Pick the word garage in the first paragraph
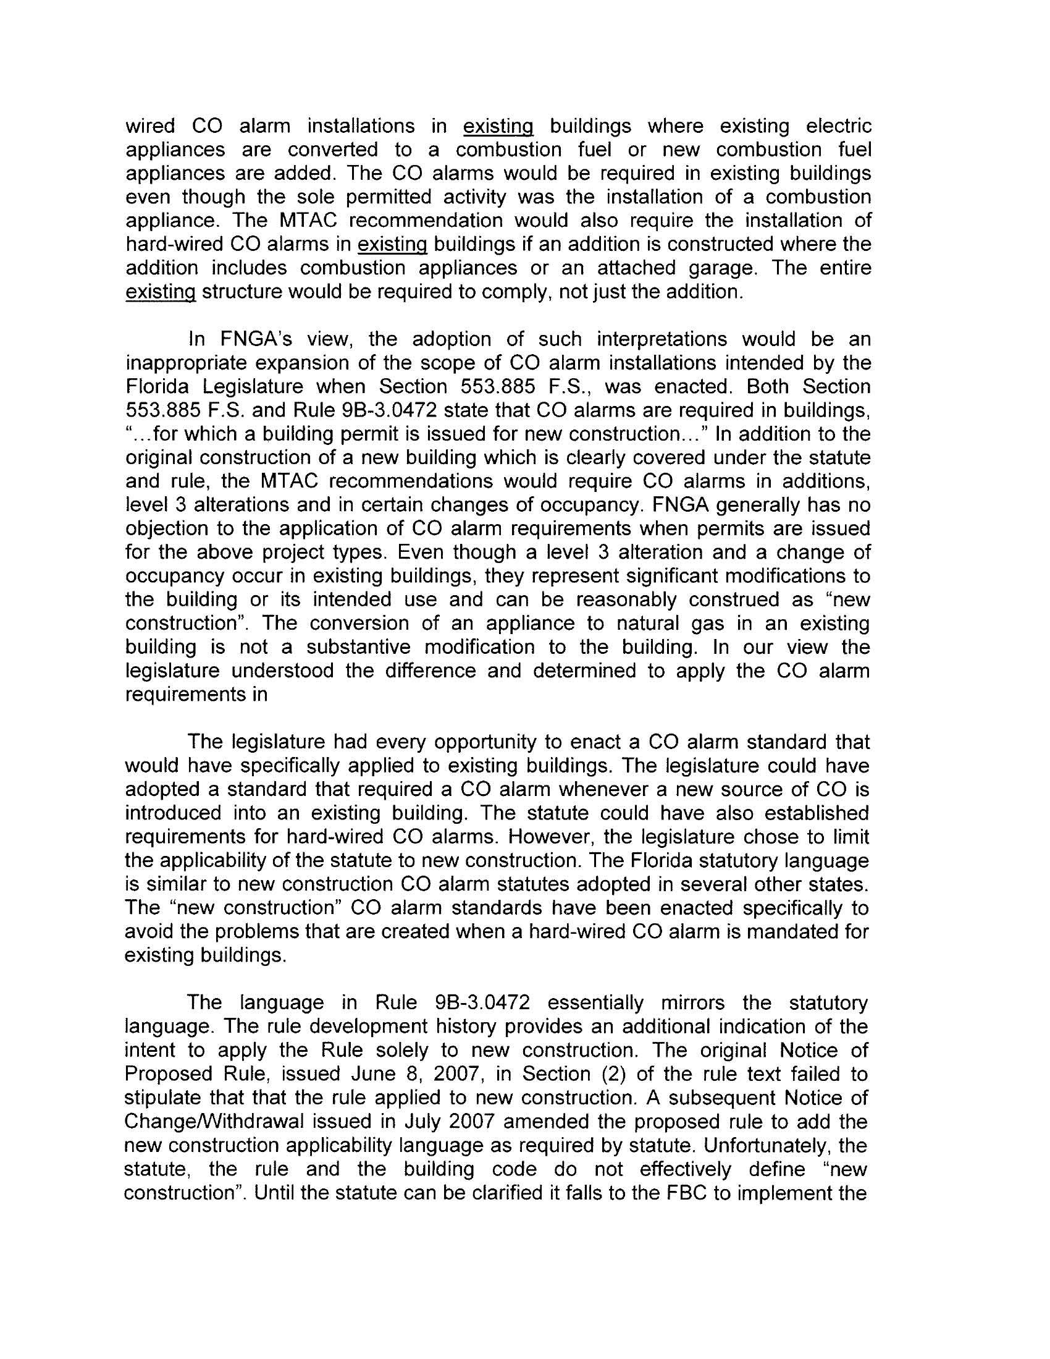(x=716, y=268)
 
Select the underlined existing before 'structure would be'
(x=161, y=292)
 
